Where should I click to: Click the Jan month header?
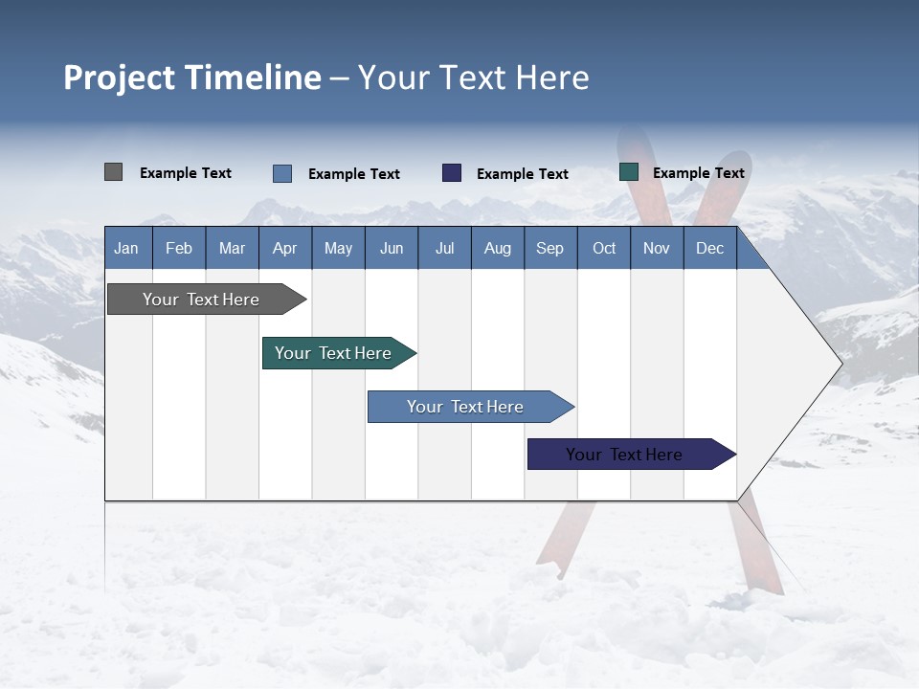point(126,248)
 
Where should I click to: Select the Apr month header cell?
point(284,248)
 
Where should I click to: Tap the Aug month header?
point(497,248)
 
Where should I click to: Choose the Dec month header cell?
point(709,248)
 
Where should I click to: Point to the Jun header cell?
point(391,248)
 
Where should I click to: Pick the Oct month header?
point(603,248)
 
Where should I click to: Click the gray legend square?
point(113,172)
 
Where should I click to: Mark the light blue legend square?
point(281,173)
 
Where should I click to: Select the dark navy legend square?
point(452,173)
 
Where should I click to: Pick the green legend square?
point(629,172)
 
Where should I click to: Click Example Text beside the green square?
point(698,173)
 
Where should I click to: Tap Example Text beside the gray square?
point(185,173)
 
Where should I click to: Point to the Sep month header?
point(549,248)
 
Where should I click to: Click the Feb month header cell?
point(178,248)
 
